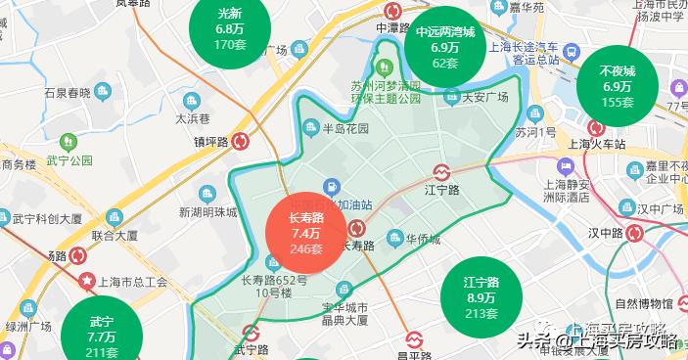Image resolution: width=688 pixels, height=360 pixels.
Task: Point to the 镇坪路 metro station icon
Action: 239,141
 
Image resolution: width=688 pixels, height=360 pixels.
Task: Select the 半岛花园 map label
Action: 347,128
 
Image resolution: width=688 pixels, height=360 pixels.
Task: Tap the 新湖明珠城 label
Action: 206,212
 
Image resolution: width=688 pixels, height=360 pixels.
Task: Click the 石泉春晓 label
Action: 67,93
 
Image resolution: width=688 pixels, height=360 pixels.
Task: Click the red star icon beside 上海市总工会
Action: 87,282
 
